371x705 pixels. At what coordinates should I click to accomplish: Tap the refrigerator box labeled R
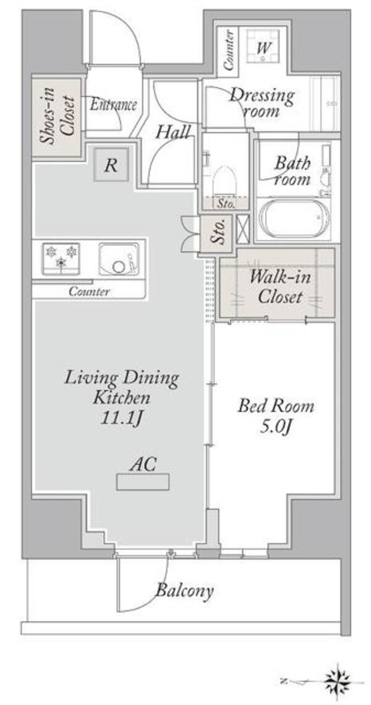[x=111, y=165]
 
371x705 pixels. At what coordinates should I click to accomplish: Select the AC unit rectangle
[x=143, y=482]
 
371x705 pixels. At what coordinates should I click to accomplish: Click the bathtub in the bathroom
[x=295, y=218]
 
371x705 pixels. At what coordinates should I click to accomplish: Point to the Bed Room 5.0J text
[x=275, y=417]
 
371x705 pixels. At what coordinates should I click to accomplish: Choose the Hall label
[x=173, y=132]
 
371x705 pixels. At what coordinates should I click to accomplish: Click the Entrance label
[x=113, y=105]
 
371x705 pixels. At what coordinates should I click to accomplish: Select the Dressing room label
[x=262, y=103]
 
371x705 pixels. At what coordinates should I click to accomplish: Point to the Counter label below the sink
[x=89, y=292]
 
